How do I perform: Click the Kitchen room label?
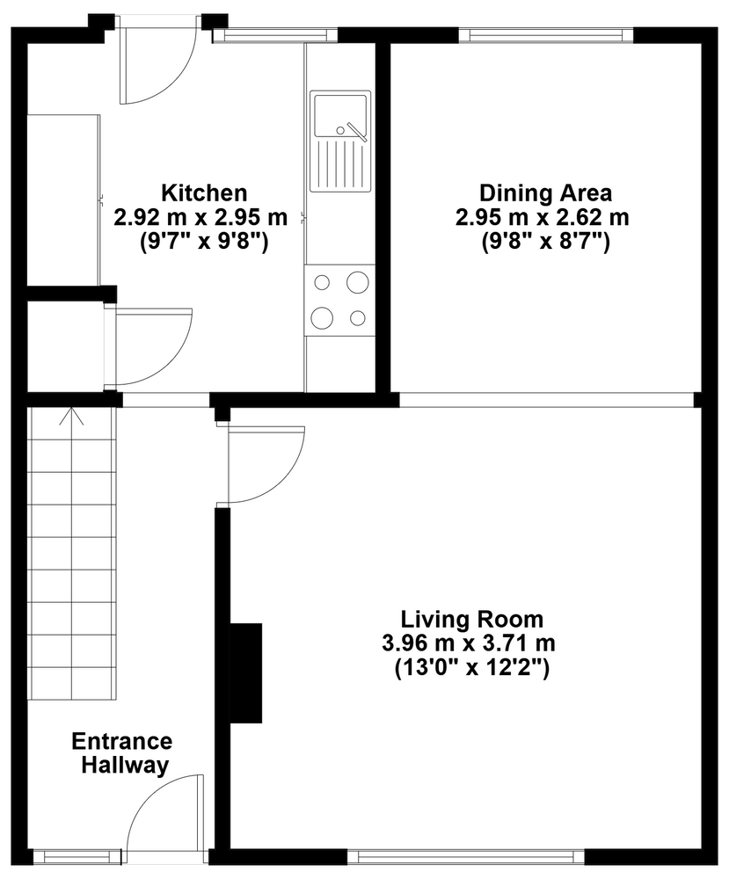pos(204,193)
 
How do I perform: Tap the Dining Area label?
pos(545,193)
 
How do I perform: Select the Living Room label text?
pos(471,620)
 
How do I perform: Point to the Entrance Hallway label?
pos(122,753)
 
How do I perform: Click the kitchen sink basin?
pos(339,115)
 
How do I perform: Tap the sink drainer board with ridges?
pos(339,164)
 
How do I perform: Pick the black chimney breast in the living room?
pos(245,672)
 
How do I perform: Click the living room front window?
pos(465,856)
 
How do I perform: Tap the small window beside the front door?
pos(77,856)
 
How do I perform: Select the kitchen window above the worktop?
pos(274,35)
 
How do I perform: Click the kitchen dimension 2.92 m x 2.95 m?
pos(200,217)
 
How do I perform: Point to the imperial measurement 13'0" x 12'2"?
pos(471,668)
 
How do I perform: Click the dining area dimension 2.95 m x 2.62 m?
pos(543,217)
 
